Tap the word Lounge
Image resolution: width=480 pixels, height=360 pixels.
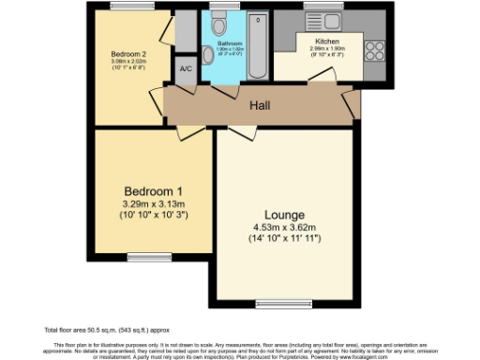click(282, 214)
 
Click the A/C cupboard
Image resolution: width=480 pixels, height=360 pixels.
click(185, 68)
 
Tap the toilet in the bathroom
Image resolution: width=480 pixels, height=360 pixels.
click(218, 23)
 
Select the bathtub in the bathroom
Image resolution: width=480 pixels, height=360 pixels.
click(257, 47)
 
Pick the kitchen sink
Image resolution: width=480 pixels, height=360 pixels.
click(329, 22)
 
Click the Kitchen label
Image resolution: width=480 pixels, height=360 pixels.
click(327, 41)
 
